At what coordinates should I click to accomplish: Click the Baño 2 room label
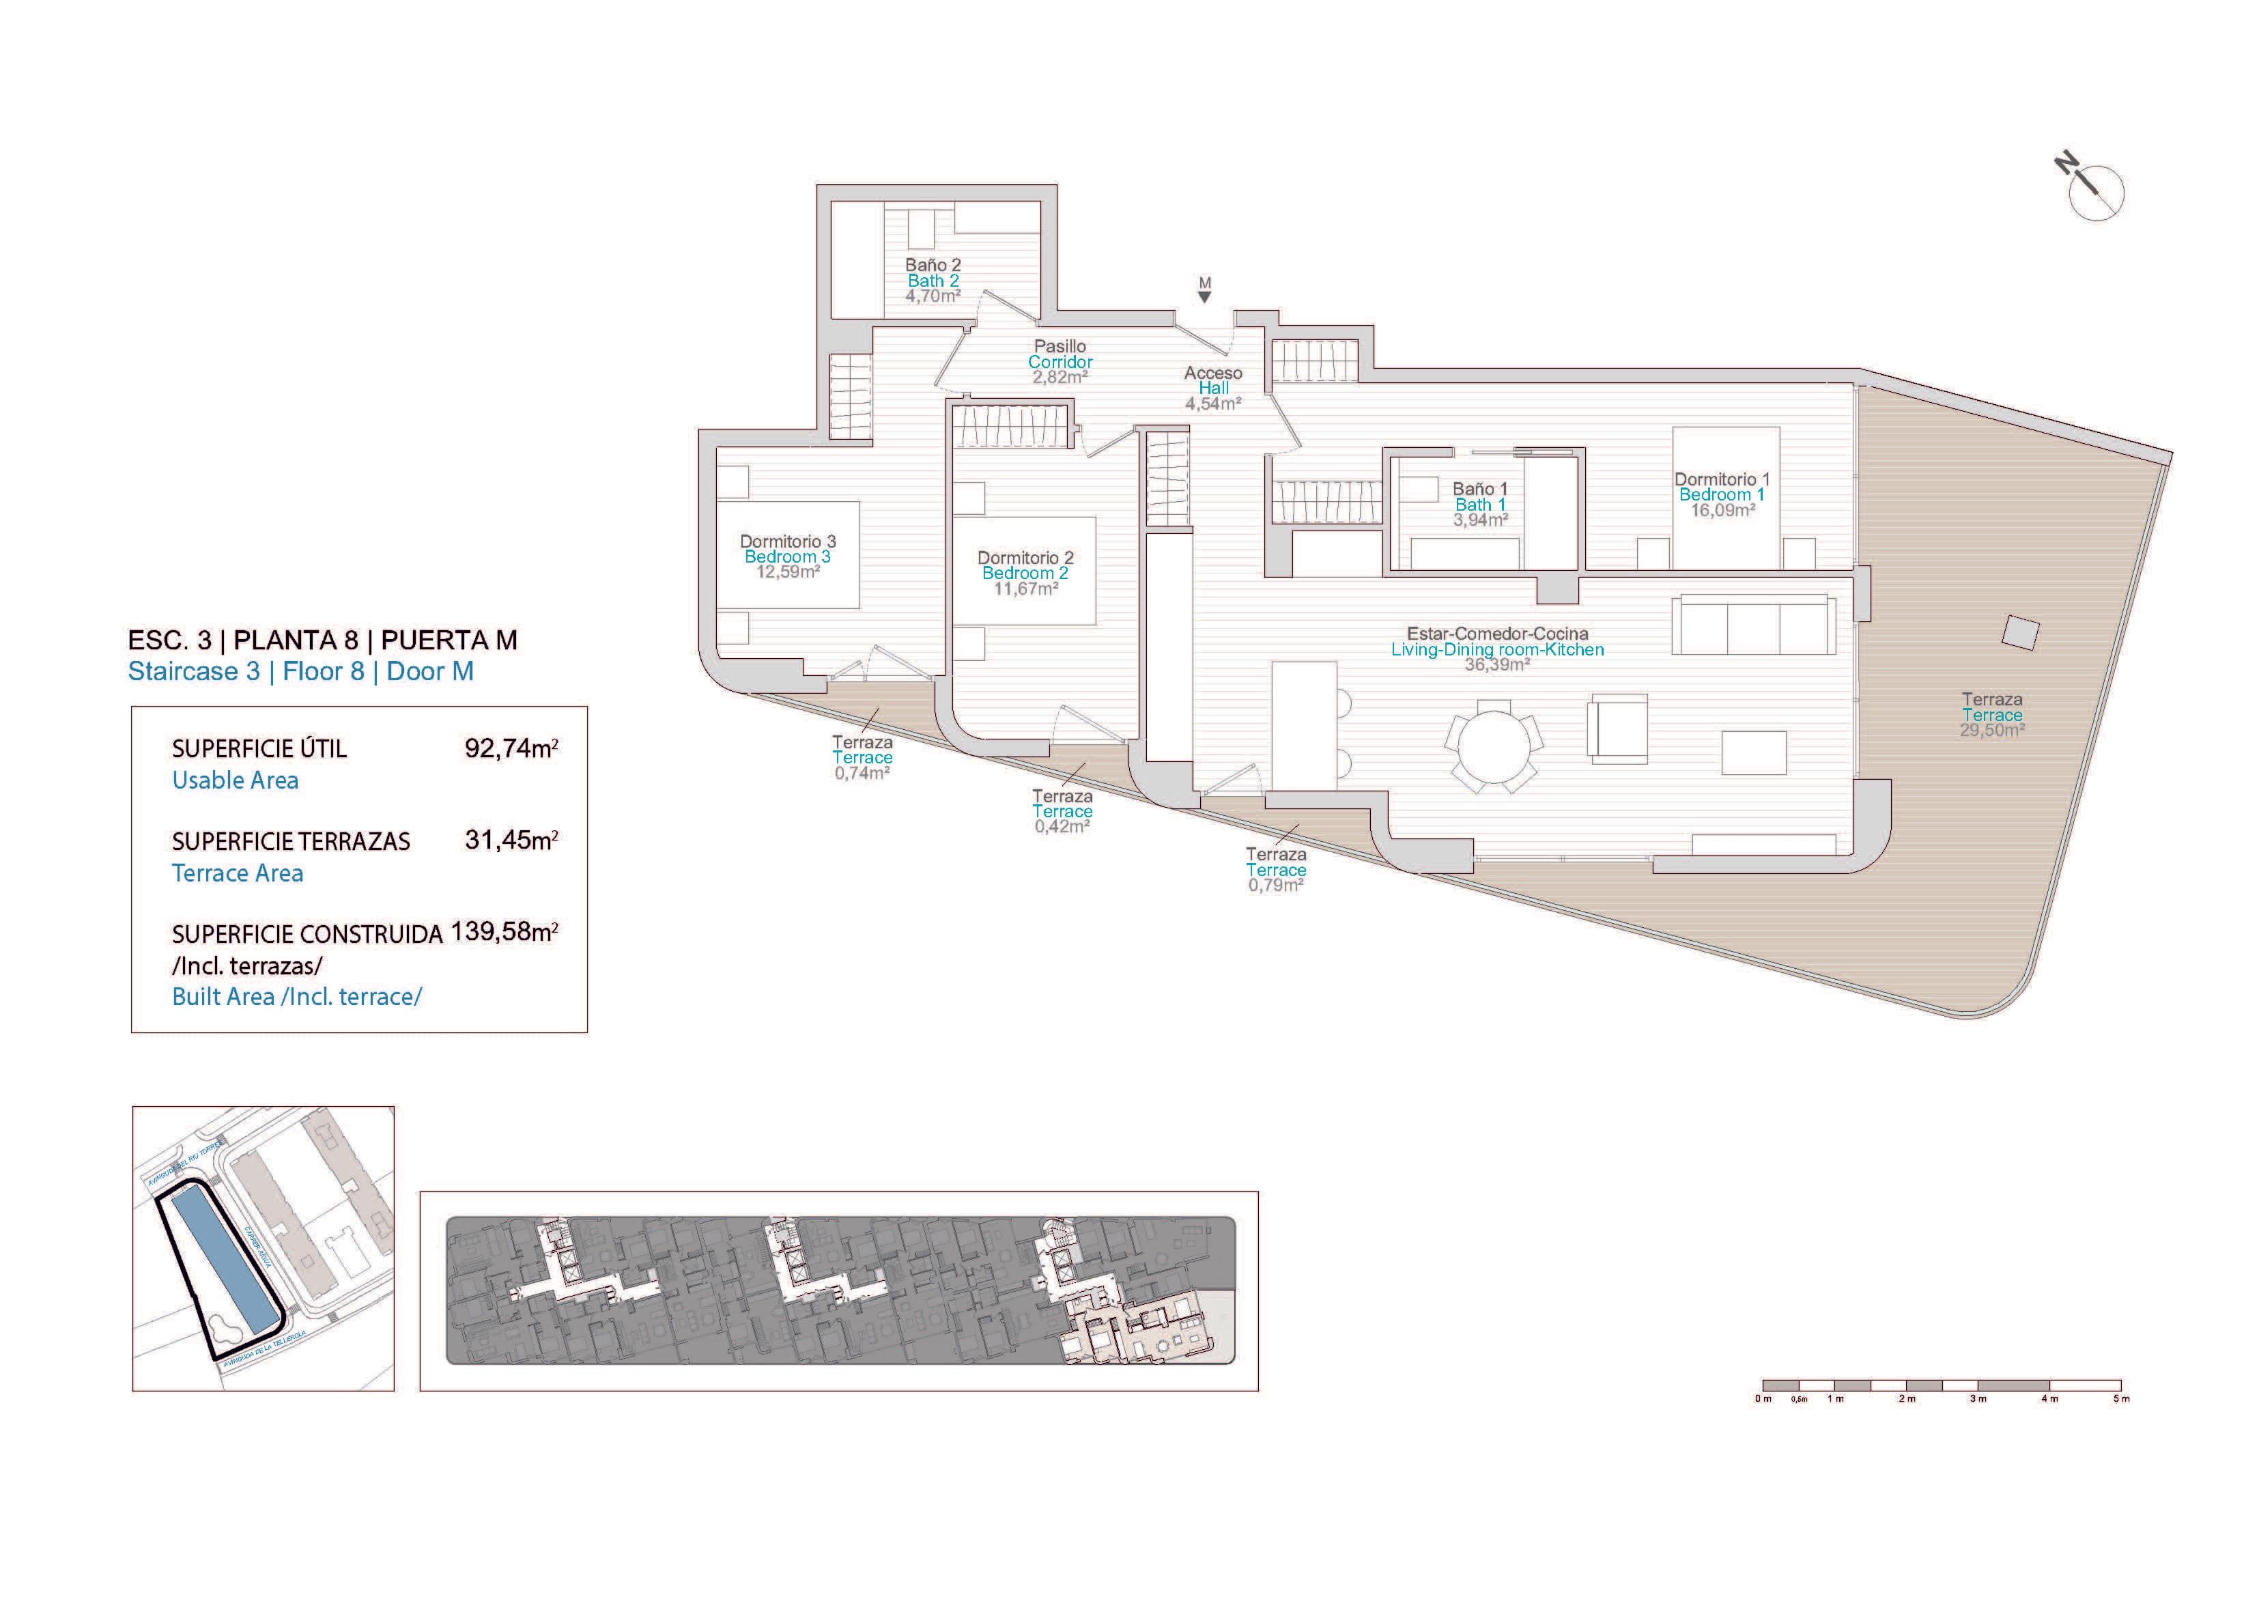[x=932, y=265]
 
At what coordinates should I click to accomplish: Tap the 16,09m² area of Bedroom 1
[x=1722, y=511]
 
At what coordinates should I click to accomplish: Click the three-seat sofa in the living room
[x=1752, y=625]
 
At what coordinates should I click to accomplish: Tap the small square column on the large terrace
[x=2020, y=633]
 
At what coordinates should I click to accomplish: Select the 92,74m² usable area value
[x=511, y=749]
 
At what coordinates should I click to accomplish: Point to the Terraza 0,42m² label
[x=1062, y=812]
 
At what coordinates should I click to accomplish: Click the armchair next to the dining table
[x=1617, y=728]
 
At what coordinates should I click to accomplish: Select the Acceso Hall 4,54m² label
[x=1212, y=388]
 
